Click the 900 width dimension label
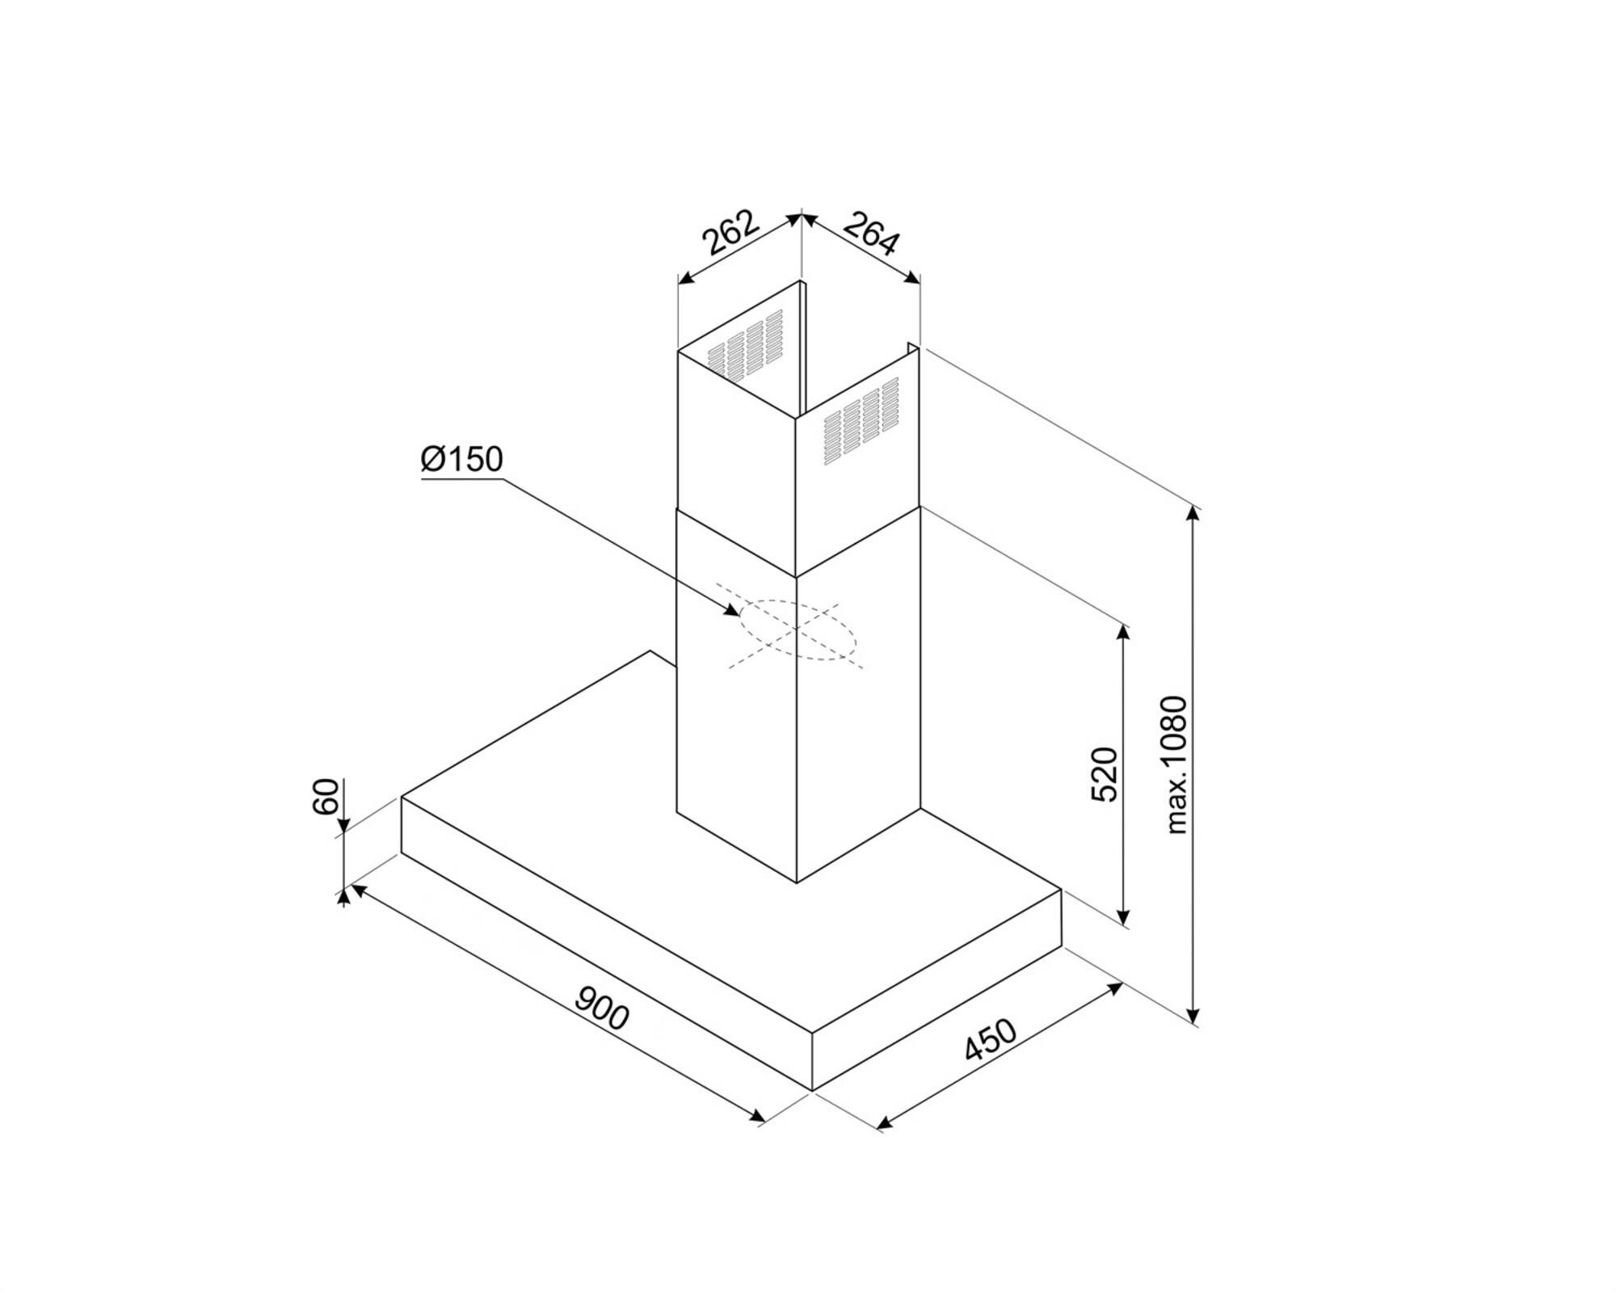602,1009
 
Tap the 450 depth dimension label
991,1040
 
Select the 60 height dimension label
326,797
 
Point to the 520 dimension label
1105,775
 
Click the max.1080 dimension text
1177,765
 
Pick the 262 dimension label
730,233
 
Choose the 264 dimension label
871,233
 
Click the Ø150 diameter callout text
462,459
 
